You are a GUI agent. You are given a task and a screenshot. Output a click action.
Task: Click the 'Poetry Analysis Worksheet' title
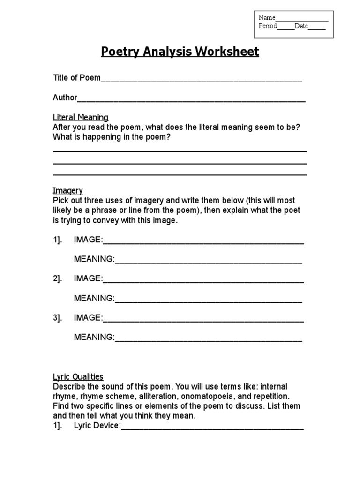click(180, 52)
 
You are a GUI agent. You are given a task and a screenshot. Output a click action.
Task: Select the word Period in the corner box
click(268, 26)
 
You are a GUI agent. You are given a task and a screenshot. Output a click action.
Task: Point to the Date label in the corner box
click(301, 26)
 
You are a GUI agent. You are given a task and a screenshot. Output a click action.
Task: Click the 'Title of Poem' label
click(77, 78)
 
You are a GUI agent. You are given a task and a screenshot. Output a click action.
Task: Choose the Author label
click(65, 97)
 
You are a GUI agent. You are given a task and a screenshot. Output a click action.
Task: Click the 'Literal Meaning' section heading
click(81, 117)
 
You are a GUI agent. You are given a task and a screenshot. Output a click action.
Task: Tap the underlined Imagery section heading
click(68, 191)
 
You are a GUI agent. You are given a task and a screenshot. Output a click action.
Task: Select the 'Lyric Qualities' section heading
click(78, 377)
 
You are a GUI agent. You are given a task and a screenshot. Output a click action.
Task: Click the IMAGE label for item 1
click(88, 240)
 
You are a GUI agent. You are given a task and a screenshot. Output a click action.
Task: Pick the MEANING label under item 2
click(94, 298)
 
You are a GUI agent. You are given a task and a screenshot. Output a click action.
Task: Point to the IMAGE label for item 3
click(88, 318)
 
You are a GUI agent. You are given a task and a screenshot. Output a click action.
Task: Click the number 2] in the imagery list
click(57, 278)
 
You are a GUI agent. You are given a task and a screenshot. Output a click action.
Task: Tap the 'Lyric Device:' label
click(97, 426)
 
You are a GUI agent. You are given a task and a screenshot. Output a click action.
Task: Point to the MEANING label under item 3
click(94, 337)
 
